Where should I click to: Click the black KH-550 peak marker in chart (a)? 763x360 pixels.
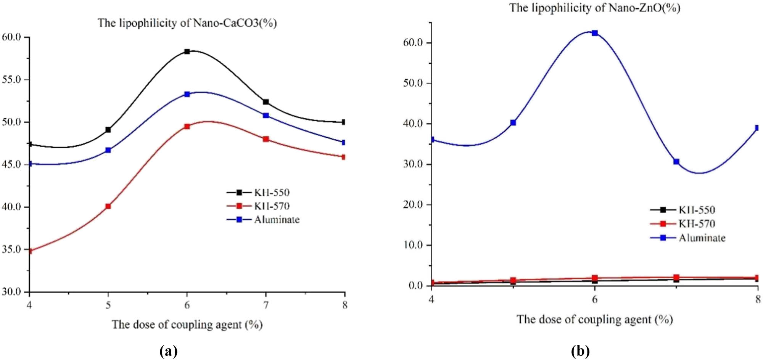187,51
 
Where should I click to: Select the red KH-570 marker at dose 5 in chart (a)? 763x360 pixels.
108,206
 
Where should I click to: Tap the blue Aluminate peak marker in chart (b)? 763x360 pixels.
595,33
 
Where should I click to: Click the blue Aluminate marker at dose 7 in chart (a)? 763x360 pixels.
266,115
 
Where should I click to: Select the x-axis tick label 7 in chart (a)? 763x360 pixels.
266,305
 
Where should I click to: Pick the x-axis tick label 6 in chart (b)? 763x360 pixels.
595,299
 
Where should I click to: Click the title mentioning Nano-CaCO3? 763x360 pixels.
187,23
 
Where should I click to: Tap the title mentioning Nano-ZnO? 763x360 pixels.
595,8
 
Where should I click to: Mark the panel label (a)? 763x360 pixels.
168,351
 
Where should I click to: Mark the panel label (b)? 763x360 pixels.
580,351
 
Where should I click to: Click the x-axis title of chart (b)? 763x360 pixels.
595,319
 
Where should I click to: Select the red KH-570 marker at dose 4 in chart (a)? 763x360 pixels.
30,251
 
